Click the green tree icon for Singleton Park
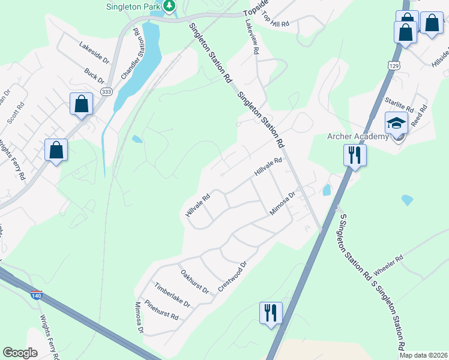(x=170, y=6)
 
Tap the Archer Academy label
(x=358, y=136)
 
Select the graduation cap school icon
(x=396, y=123)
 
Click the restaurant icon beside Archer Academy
(x=355, y=155)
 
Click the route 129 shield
(x=394, y=65)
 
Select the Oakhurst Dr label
(x=194, y=281)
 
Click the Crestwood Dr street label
(x=233, y=276)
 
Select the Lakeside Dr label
(x=95, y=52)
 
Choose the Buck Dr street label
(x=94, y=76)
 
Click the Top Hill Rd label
(x=276, y=19)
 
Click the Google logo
(x=20, y=352)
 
